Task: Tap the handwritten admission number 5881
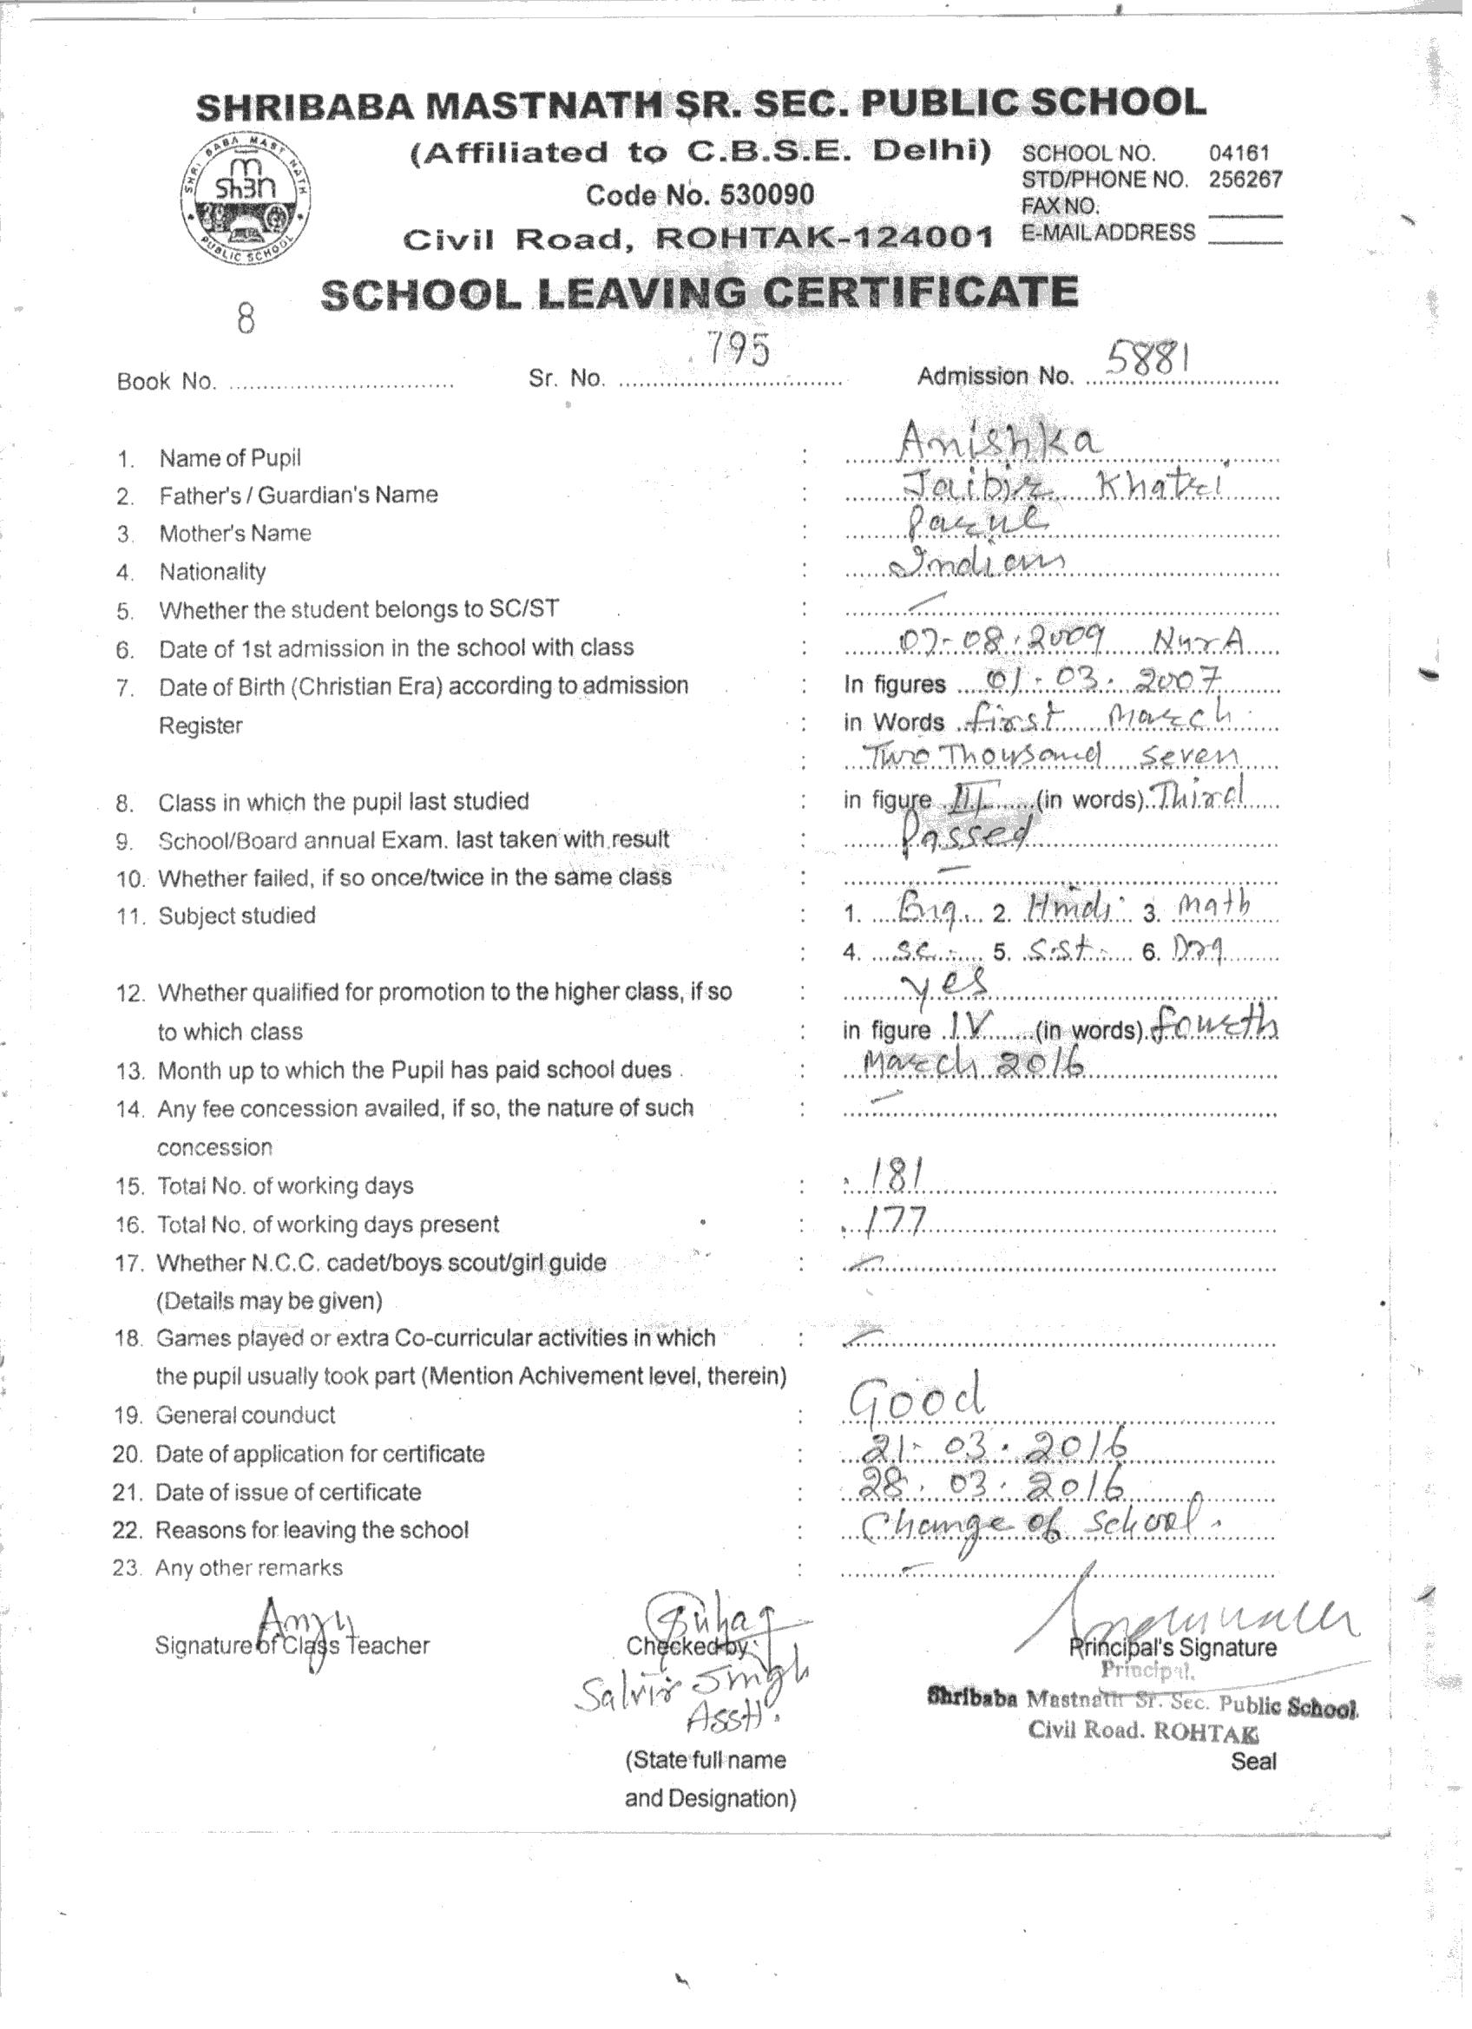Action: pyautogui.click(x=1149, y=358)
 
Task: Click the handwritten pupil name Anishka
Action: pyautogui.click(x=1000, y=440)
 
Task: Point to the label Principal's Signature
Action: pyautogui.click(x=1173, y=1647)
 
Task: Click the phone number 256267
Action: pyautogui.click(x=1245, y=179)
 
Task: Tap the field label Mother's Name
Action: pyautogui.click(x=234, y=533)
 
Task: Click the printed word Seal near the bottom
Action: pyautogui.click(x=1253, y=1762)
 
